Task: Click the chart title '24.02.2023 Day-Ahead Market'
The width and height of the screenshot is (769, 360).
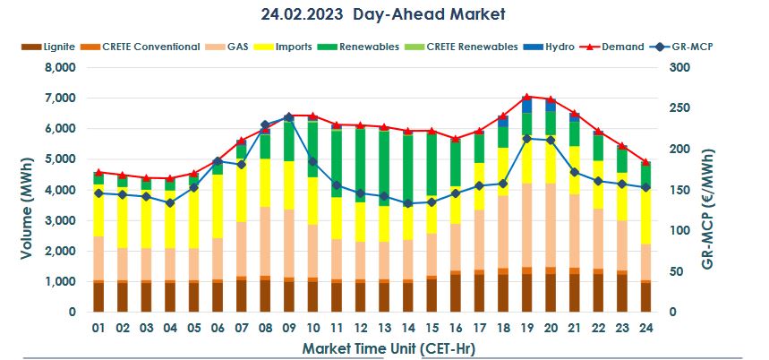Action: coord(384,14)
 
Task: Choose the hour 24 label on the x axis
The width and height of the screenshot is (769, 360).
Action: coord(645,327)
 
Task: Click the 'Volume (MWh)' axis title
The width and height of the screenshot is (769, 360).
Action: coord(24,190)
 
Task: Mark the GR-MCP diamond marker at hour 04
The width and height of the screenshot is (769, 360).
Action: coord(170,202)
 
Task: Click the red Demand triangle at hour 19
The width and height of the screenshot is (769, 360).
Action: coord(526,97)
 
